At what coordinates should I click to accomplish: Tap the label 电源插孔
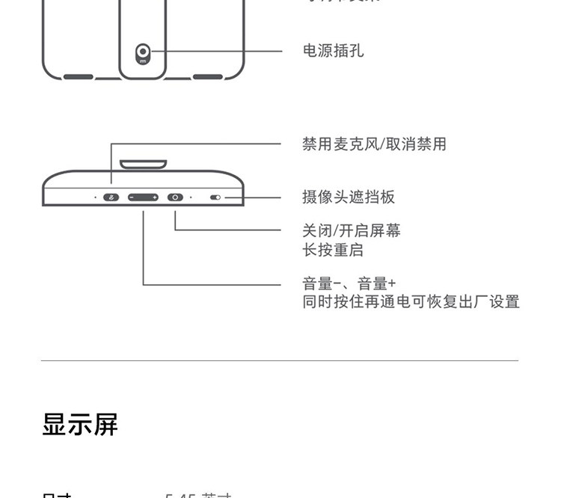(x=333, y=51)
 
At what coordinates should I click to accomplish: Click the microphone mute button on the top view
(x=111, y=197)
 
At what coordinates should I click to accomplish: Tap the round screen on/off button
(x=175, y=197)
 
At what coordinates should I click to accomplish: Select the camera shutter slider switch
(x=215, y=198)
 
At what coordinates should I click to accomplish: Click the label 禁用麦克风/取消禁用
(x=374, y=144)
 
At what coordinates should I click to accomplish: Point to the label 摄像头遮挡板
(x=349, y=197)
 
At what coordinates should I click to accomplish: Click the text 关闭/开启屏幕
(x=352, y=230)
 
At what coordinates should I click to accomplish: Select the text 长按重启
(x=333, y=250)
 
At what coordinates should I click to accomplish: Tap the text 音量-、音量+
(x=349, y=283)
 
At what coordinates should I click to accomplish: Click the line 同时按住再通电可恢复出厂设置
(x=411, y=302)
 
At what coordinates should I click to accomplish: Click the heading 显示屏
(x=80, y=425)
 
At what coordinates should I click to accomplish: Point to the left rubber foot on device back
(x=78, y=76)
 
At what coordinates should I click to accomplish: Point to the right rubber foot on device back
(x=207, y=76)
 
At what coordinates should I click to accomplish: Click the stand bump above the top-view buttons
(x=143, y=163)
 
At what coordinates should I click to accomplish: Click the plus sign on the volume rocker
(x=154, y=197)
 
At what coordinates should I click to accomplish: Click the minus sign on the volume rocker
(x=132, y=197)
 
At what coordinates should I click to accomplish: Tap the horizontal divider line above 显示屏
(x=280, y=361)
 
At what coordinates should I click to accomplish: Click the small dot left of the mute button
(x=95, y=197)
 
